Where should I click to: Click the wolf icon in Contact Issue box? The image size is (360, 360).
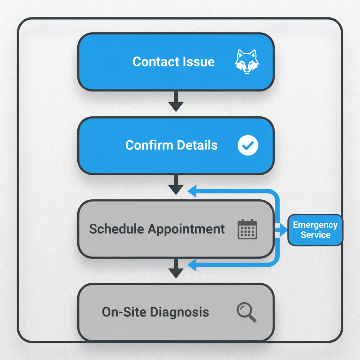tap(246, 62)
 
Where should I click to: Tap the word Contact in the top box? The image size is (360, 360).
tap(152, 62)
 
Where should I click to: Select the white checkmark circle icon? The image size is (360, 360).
tap(248, 146)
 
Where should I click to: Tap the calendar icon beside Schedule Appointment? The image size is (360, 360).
tap(247, 229)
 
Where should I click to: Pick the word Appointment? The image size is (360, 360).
tap(186, 229)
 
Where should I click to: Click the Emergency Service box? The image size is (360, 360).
tap(315, 230)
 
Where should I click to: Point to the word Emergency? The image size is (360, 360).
tap(315, 225)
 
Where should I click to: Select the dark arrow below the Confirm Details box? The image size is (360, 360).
tap(176, 185)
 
